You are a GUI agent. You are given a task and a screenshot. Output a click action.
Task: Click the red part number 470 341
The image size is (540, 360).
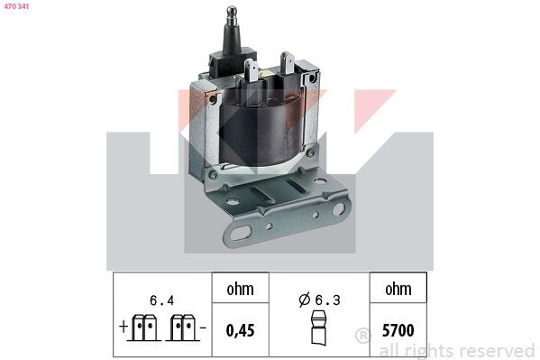16,8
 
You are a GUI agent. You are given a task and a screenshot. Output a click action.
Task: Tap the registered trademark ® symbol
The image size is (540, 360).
362,337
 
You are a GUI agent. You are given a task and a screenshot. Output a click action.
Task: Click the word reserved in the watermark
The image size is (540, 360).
495,350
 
